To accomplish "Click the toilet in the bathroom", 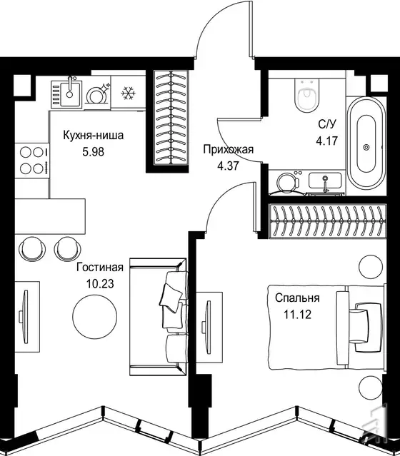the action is tap(307, 95).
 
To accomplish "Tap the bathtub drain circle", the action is tap(366, 148).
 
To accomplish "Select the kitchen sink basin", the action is tap(70, 93).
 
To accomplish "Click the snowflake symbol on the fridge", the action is tap(128, 93).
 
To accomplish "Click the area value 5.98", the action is tap(93, 152).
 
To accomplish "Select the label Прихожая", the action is tap(229, 149).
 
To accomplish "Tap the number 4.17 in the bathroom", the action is tap(327, 141).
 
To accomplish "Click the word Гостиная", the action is tap(100, 267).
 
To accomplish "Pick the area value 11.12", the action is tap(298, 315).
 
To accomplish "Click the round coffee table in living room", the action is tap(94, 316).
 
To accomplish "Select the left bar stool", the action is tap(32, 249).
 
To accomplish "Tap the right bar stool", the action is tap(68, 249).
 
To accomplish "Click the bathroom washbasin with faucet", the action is tap(325, 181).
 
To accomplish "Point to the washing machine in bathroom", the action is tap(288, 183).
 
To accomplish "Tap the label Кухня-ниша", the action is tap(94, 135).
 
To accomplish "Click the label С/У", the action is tap(327, 124).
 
